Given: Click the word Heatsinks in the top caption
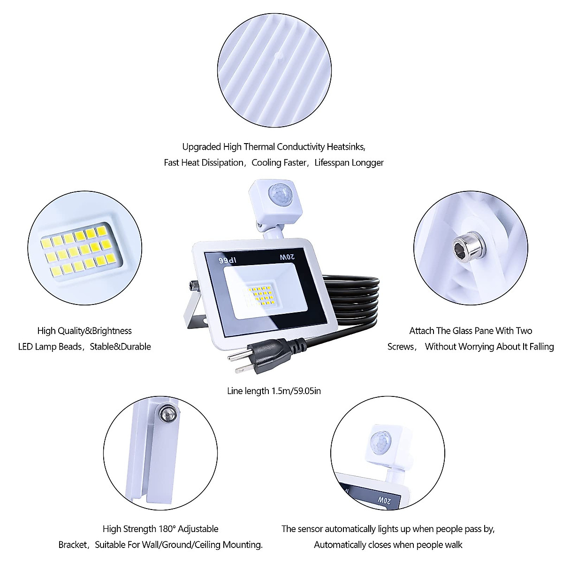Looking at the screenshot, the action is point(346,147).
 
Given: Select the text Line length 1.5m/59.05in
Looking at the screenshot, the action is point(274,391).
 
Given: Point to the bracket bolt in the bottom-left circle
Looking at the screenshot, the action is point(167,413).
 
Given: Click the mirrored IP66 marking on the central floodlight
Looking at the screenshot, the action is point(225,259).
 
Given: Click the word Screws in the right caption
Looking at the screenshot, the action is point(401,347).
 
